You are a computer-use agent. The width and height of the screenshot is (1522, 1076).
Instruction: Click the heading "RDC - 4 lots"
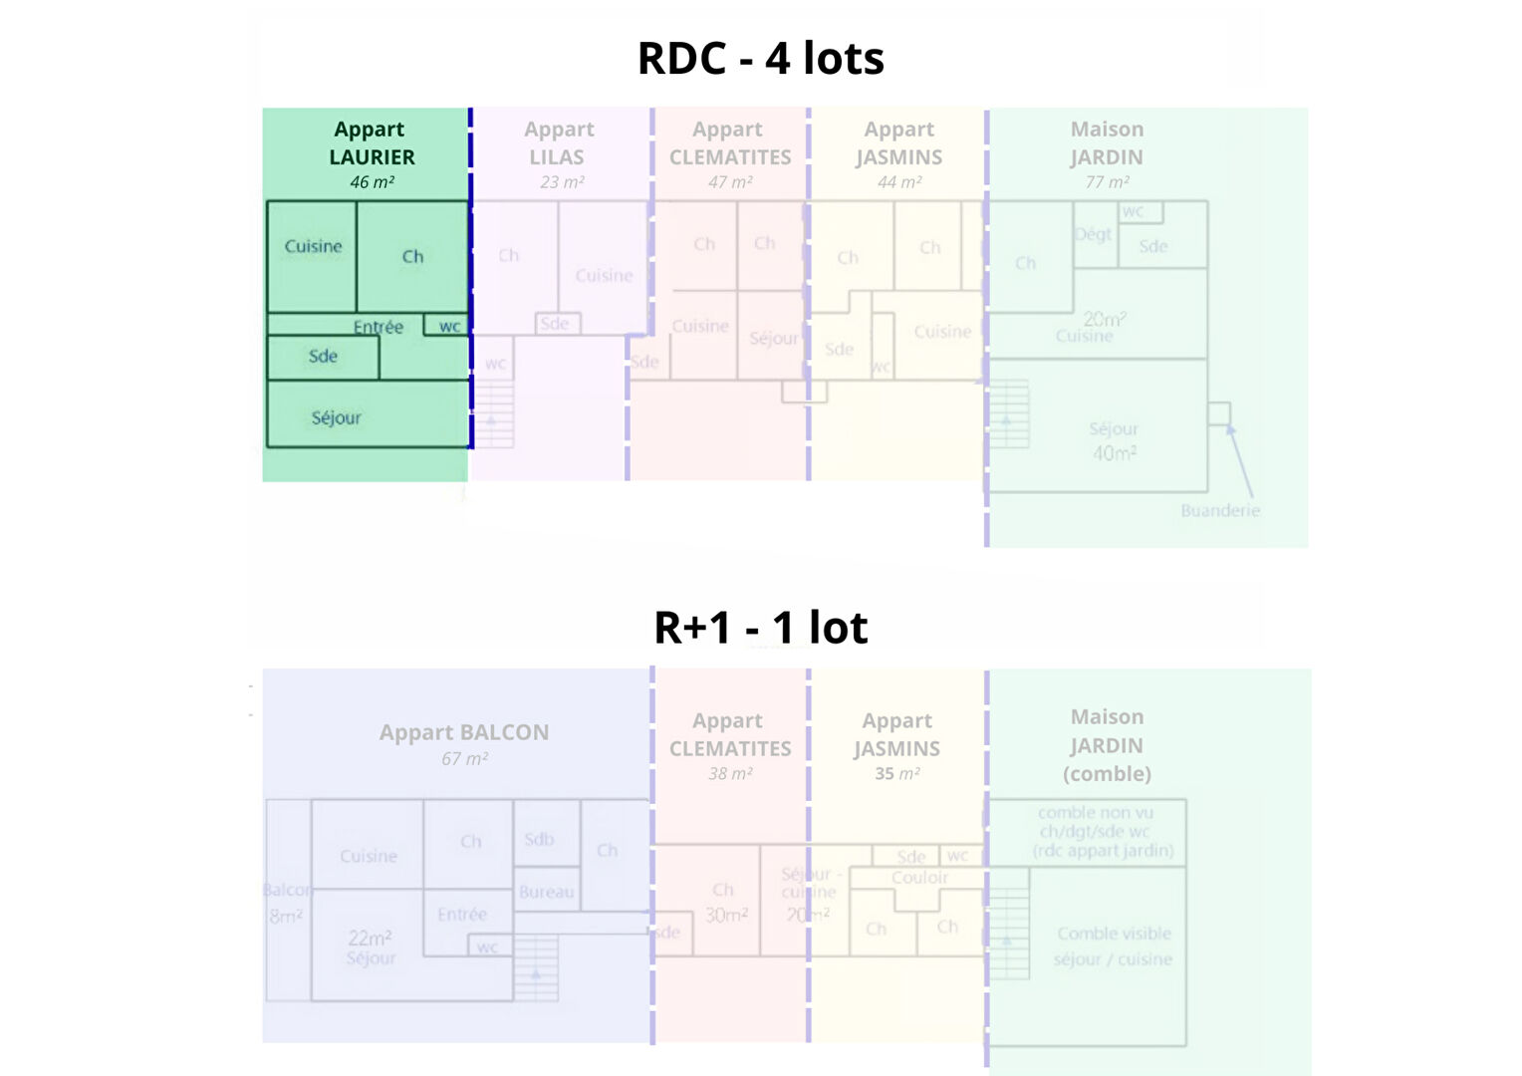[x=760, y=59]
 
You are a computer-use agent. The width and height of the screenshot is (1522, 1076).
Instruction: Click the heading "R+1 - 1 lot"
[x=760, y=628]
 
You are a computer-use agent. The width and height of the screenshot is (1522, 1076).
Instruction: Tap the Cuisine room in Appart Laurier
[x=313, y=247]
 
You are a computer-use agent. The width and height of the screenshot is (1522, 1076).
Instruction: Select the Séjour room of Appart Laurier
[x=337, y=418]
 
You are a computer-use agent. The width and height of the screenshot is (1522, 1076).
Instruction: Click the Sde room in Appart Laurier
[x=323, y=357]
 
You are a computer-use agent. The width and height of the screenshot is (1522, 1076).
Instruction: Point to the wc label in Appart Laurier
[x=449, y=327]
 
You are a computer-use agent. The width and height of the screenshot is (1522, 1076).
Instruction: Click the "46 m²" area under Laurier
[x=372, y=182]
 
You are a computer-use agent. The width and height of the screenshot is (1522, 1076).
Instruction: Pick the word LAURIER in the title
[x=372, y=157]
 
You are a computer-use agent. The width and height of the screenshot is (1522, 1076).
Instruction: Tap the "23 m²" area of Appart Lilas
[x=562, y=182]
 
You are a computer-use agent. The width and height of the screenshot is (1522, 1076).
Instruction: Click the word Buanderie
[x=1220, y=510]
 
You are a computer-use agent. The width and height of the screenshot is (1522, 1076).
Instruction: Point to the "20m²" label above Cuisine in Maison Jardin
[x=1104, y=319]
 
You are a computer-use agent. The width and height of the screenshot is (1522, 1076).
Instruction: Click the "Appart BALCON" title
[x=464, y=732]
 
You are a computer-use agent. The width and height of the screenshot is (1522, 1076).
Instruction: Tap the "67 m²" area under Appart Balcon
[x=464, y=759]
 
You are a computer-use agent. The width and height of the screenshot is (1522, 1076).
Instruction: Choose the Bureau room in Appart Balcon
[x=546, y=893]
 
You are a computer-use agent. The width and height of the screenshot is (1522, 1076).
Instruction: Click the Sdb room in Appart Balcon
[x=539, y=840]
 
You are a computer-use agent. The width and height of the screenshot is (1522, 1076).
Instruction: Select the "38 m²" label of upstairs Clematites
[x=730, y=774]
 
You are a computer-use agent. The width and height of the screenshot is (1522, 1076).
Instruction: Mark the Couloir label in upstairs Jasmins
[x=919, y=878]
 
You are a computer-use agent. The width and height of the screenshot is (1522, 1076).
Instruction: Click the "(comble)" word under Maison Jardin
[x=1107, y=774]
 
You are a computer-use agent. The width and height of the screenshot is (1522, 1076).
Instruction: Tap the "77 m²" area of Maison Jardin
[x=1107, y=182]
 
